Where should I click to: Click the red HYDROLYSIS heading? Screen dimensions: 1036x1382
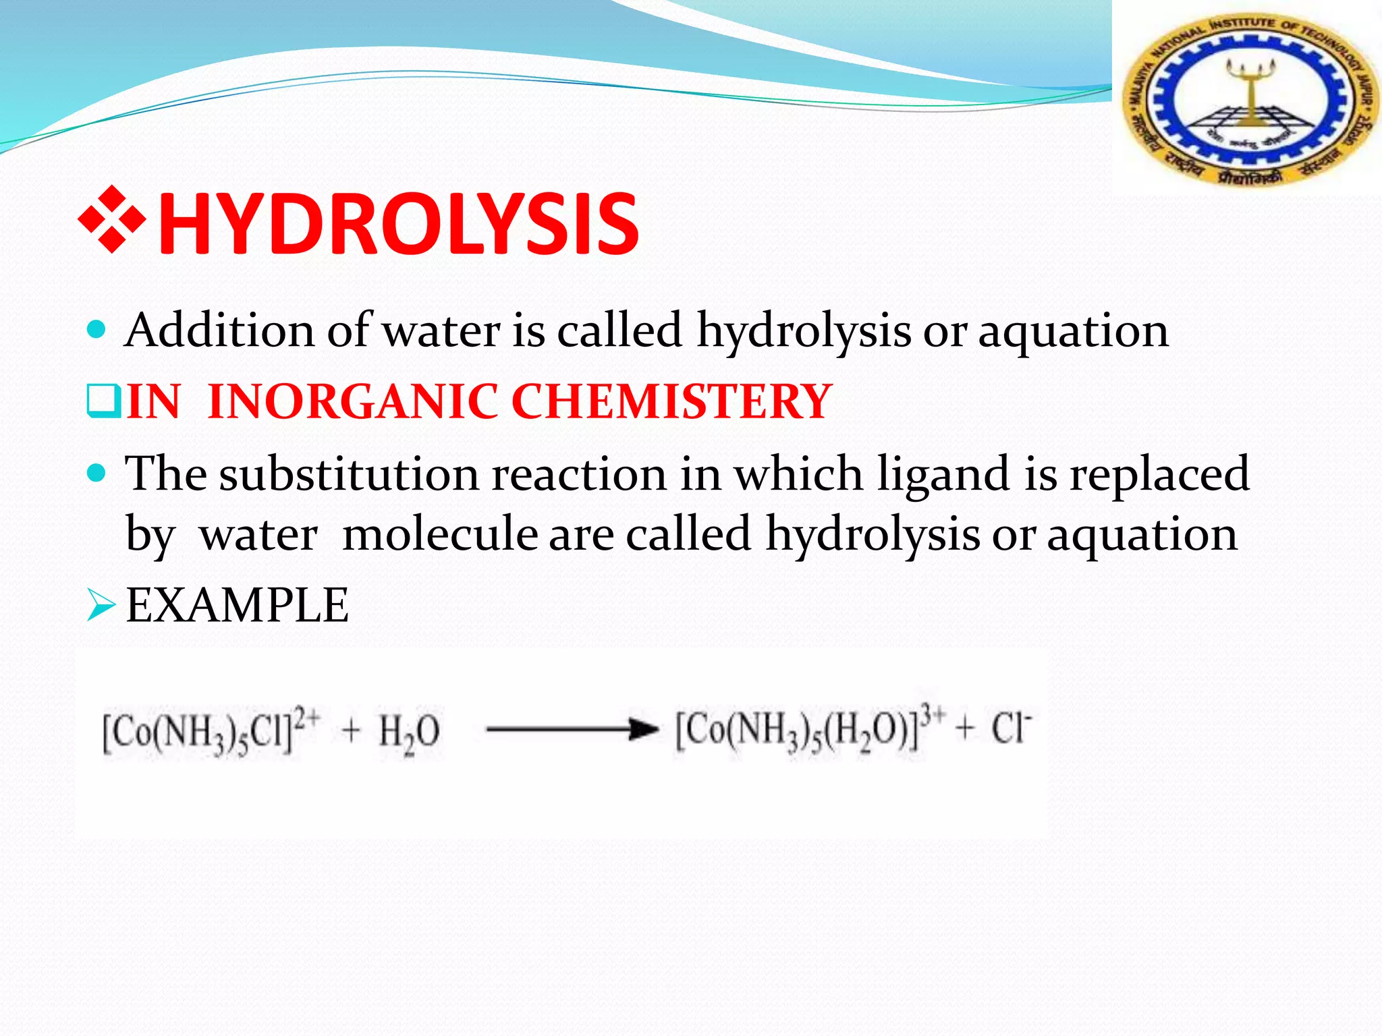pos(398,224)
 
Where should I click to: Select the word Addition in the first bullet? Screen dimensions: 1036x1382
pos(220,330)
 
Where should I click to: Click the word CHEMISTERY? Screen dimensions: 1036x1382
pos(671,402)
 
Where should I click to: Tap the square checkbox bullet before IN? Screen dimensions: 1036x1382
pos(103,401)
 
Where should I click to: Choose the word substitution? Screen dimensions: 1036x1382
pos(349,473)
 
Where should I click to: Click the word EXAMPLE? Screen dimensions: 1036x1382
pos(238,605)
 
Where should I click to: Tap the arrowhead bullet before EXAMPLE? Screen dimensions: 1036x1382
pos(102,605)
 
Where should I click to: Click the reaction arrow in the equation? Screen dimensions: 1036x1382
pos(571,729)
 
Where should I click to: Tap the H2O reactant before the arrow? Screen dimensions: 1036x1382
pos(409,732)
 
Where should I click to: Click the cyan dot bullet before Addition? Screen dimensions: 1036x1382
pos(97,330)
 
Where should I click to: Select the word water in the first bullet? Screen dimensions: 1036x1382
pos(442,330)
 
